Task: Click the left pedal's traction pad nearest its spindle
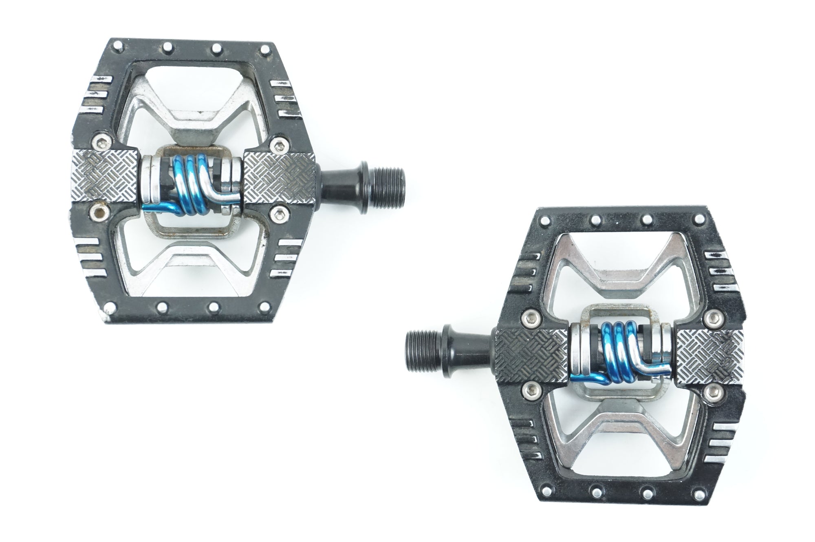point(280,177)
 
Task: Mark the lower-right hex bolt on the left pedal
point(279,211)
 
